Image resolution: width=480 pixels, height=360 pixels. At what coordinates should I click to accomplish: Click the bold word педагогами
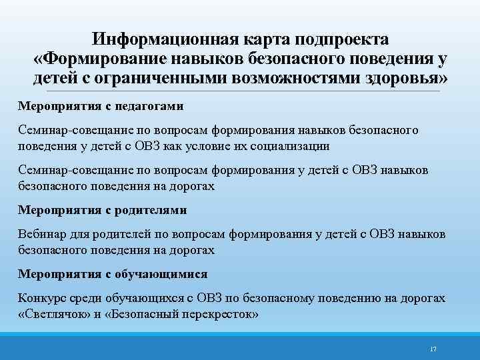tap(151, 106)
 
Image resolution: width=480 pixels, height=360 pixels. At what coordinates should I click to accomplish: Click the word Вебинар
tap(39, 234)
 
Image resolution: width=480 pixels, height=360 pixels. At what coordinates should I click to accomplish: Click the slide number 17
tap(433, 349)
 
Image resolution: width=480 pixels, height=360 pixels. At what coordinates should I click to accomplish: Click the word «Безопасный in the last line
tap(143, 313)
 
